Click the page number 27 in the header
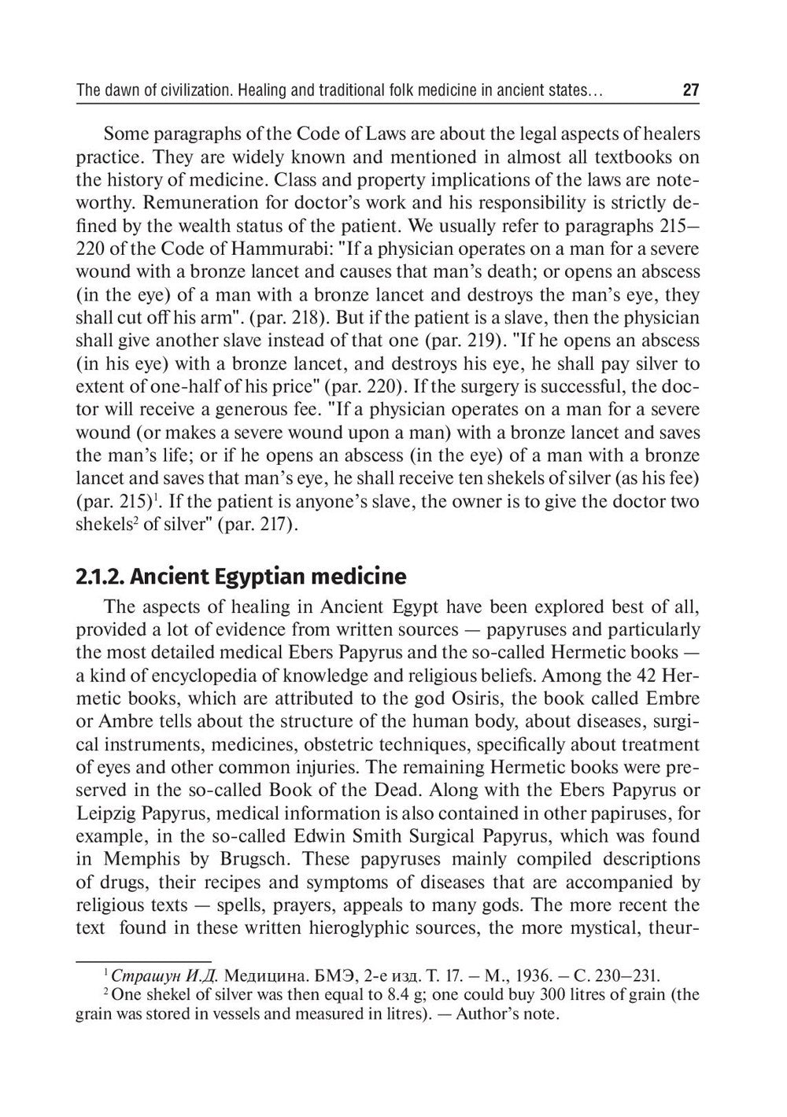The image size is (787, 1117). point(690,90)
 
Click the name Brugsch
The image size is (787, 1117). point(254,859)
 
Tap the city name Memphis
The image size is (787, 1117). point(139,859)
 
